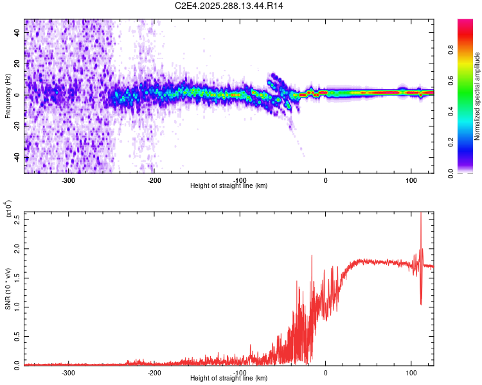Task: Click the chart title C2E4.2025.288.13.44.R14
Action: click(x=229, y=6)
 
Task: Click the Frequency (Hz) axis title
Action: click(x=8, y=96)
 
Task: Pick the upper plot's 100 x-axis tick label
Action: click(x=411, y=179)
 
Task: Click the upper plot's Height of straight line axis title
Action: click(x=229, y=185)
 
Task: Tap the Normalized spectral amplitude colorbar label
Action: click(x=477, y=96)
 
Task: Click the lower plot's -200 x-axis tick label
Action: click(x=154, y=372)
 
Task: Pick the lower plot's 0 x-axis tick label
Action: click(x=325, y=372)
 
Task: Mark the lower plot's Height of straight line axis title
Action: click(x=229, y=378)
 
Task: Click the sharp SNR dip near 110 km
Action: click(x=421, y=304)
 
